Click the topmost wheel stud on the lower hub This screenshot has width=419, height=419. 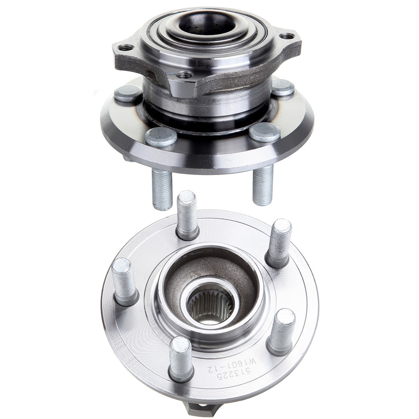point(187,216)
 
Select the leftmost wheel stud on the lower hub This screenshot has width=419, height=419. point(124,282)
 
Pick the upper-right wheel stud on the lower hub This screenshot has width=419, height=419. point(279,243)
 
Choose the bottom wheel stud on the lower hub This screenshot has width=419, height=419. point(181,359)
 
